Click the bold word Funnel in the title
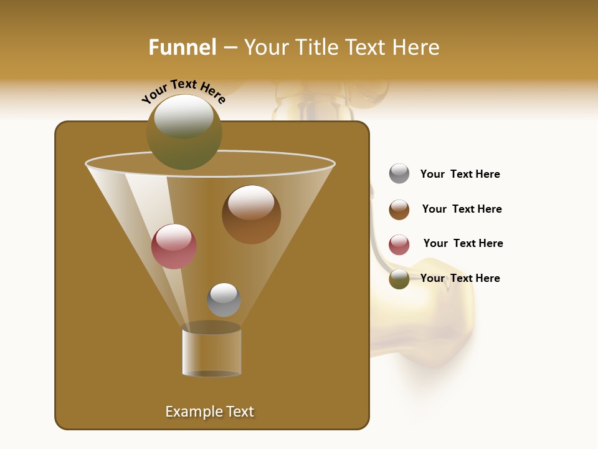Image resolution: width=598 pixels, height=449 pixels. coord(182,47)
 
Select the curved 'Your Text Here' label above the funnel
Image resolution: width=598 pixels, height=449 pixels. coord(183,90)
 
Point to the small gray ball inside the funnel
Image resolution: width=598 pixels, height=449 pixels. coord(224,300)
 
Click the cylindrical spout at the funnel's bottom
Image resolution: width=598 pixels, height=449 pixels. coord(211,350)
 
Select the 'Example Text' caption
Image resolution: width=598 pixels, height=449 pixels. coord(209,412)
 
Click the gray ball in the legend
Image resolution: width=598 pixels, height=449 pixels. coord(399,174)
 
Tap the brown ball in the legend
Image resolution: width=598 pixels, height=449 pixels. coord(399,210)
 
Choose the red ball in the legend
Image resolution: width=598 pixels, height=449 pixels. coord(399,244)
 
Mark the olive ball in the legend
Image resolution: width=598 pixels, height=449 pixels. coord(399,279)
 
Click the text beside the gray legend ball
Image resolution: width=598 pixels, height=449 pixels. coord(460,175)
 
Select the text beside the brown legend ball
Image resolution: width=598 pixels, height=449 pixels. coord(462,210)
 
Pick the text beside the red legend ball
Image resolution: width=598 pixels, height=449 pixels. coord(463,244)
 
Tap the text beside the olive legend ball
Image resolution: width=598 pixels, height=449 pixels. coord(460,279)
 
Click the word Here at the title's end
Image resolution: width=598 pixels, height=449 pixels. coord(417,47)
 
